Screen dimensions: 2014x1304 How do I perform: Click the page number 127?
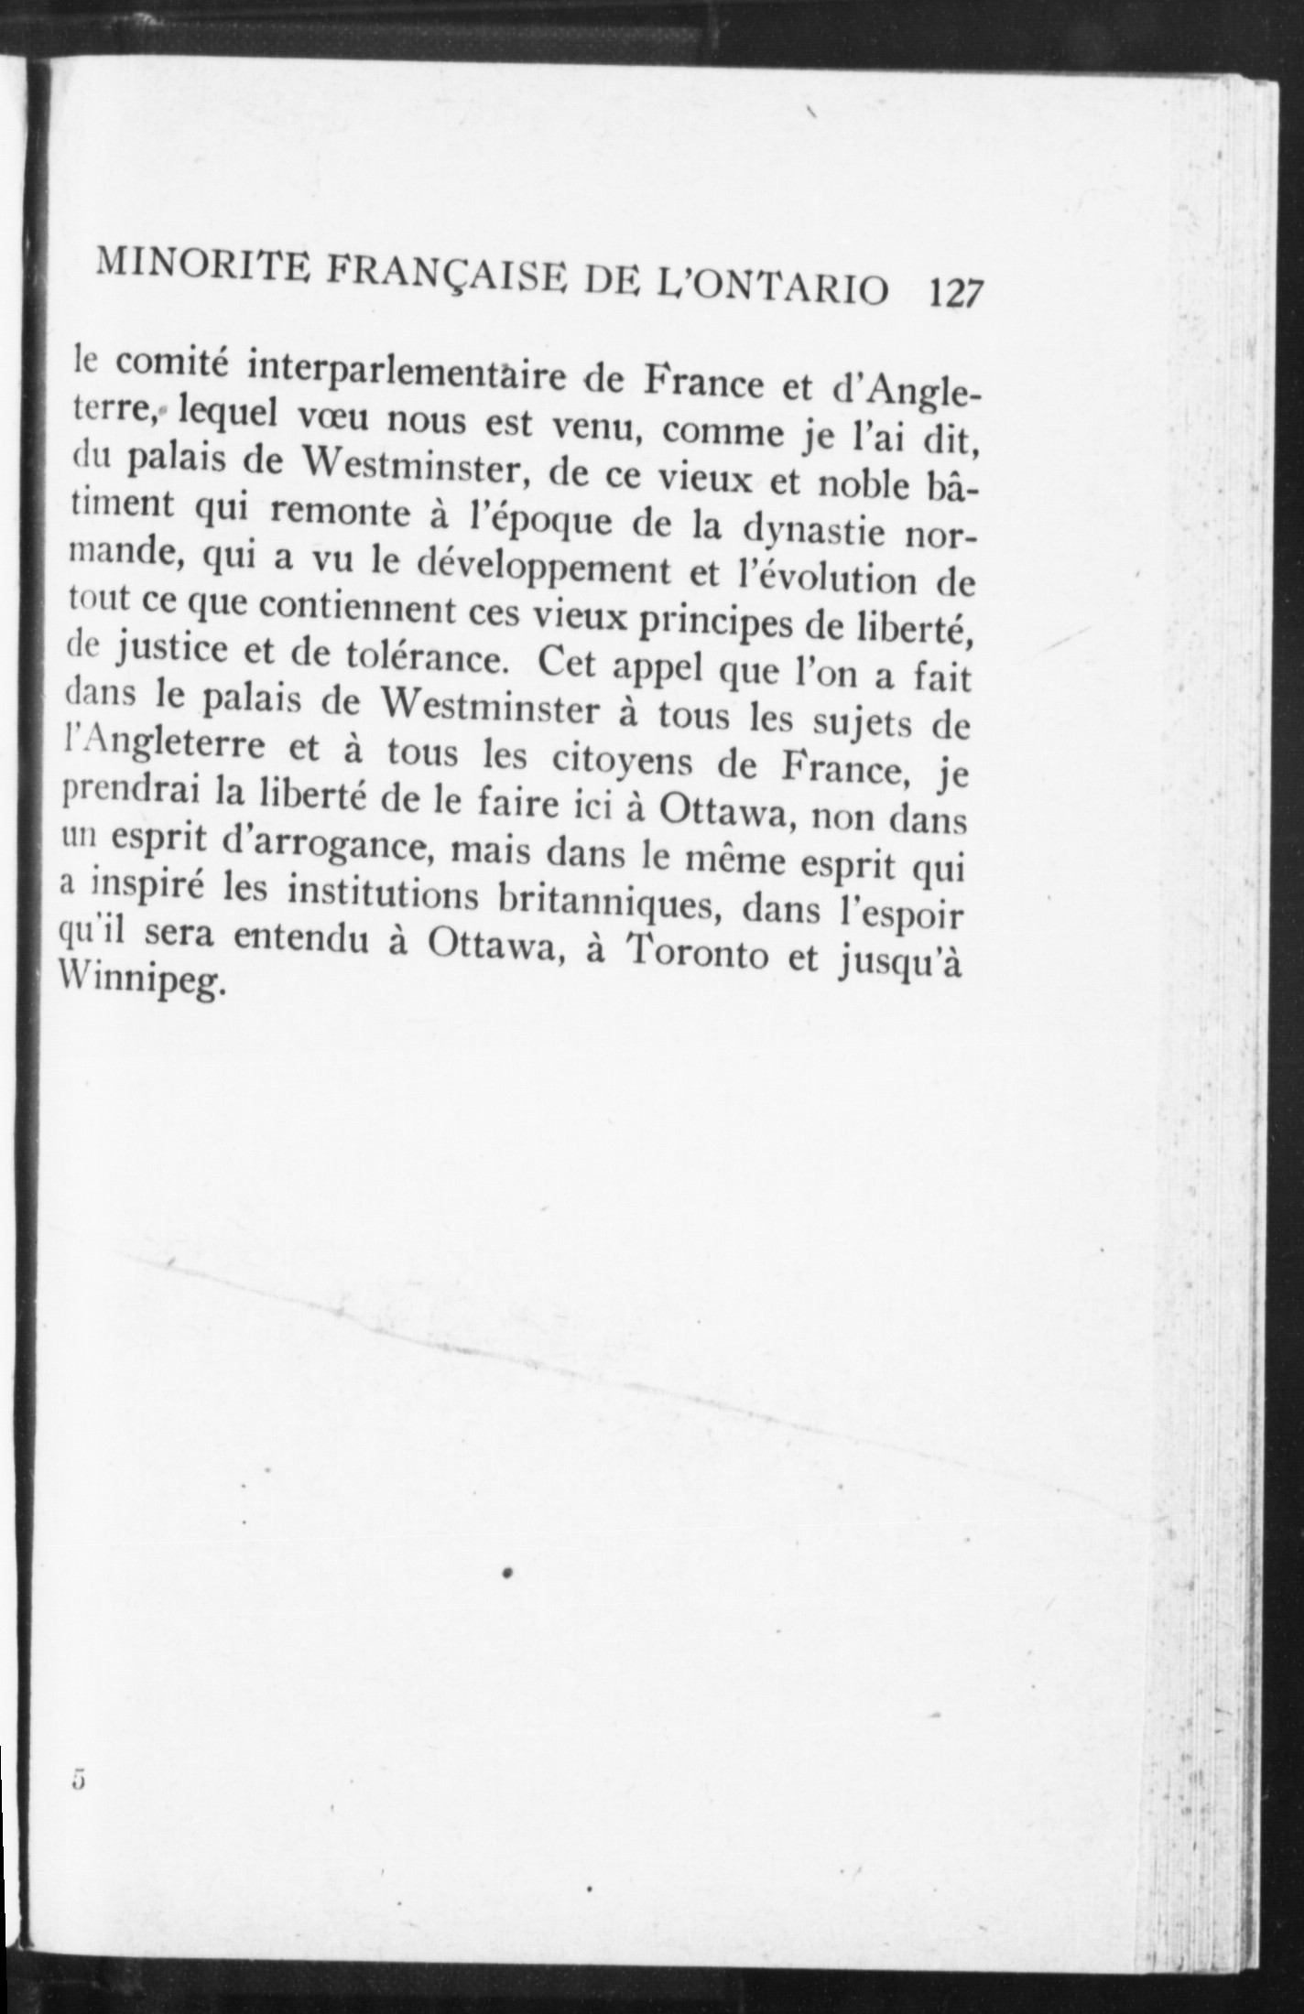[955, 294]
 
